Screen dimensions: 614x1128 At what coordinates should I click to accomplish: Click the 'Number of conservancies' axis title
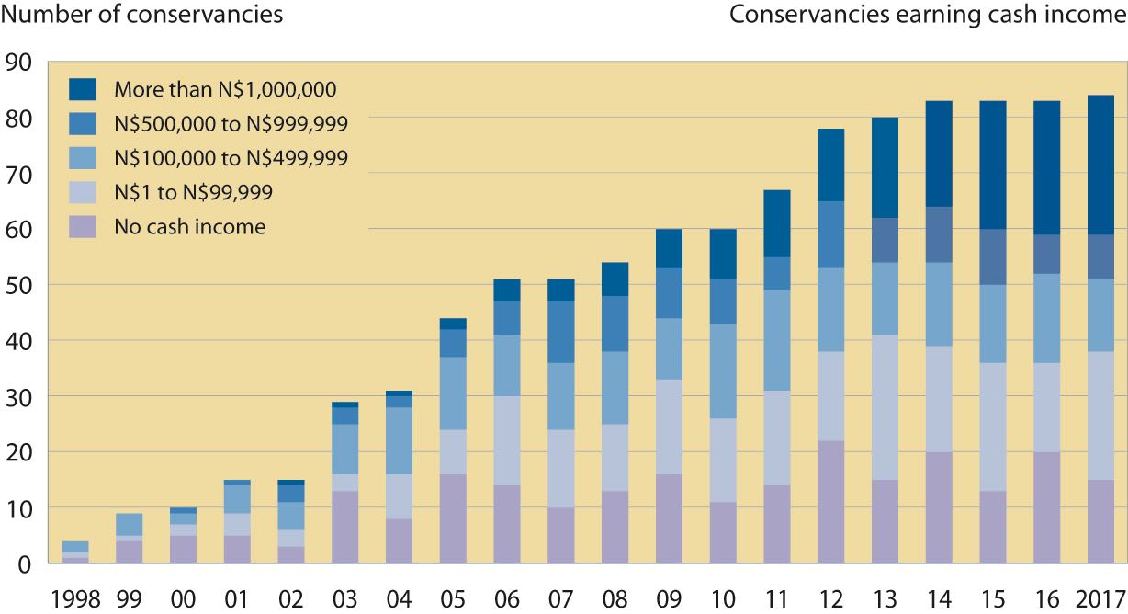click(x=141, y=16)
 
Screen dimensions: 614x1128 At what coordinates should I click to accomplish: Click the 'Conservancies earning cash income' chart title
click(x=927, y=16)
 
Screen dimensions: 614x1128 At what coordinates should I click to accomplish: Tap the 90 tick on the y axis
click(x=18, y=63)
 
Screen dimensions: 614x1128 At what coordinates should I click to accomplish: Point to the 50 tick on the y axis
click(x=18, y=285)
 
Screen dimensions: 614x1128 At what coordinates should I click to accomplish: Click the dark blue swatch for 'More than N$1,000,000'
click(x=83, y=89)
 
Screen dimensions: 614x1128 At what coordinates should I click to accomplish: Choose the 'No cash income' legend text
click(x=189, y=227)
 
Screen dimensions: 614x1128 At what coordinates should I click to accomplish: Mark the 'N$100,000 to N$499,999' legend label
click(x=231, y=158)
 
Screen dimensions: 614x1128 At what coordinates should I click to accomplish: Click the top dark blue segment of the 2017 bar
click(x=1100, y=165)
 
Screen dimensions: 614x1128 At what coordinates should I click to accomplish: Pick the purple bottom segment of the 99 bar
click(x=130, y=551)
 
